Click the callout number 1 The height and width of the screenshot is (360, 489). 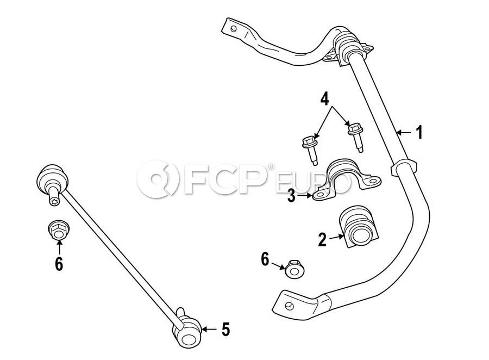coord(420,132)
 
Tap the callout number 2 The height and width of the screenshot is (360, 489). coord(322,239)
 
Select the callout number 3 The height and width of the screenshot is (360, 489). coord(291,196)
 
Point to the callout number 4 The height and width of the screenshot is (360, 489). coord(324,100)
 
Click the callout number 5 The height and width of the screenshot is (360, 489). coord(226,329)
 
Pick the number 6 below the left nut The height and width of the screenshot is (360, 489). coord(59,264)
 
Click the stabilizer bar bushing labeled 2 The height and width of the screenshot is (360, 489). coord(360,226)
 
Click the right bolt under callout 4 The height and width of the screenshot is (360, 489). coord(355,136)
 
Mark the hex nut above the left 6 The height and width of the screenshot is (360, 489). coord(59,231)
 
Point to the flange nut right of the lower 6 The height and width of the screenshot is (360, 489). coord(294,269)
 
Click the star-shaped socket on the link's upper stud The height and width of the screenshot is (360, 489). coord(55,201)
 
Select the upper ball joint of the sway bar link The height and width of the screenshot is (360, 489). coord(52,180)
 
